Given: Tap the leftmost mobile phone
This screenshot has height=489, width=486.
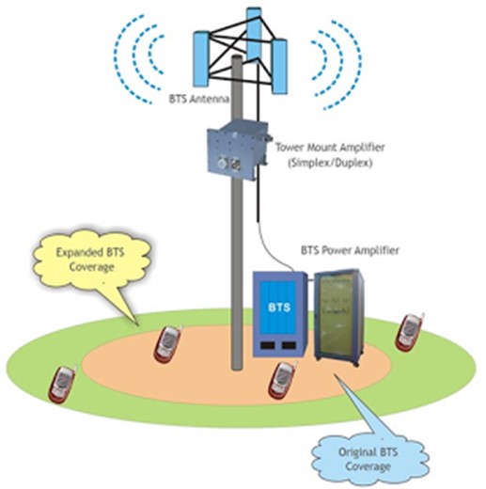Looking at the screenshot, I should [x=61, y=384].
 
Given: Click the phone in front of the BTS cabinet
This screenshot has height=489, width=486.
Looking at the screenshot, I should [x=281, y=379].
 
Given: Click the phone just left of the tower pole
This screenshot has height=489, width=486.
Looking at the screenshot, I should [x=168, y=343].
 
